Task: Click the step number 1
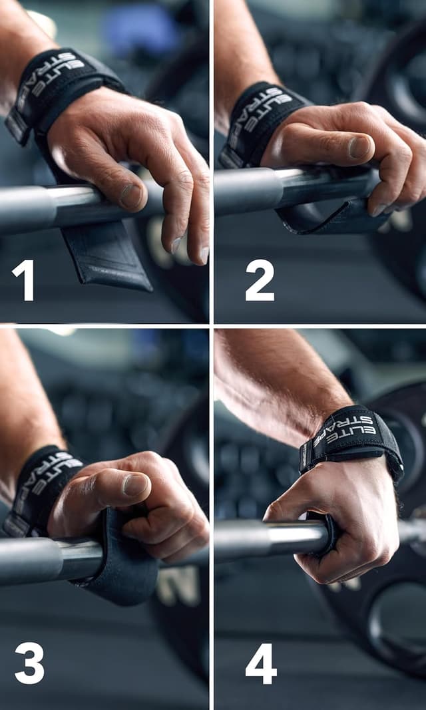pyautogui.click(x=23, y=279)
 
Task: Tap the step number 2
pyautogui.click(x=260, y=279)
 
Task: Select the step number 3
pyautogui.click(x=30, y=663)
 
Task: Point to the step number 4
pyautogui.click(x=261, y=663)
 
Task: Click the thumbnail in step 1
pyautogui.click(x=131, y=196)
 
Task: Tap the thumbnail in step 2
pyautogui.click(x=360, y=147)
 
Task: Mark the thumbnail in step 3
pyautogui.click(x=135, y=484)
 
